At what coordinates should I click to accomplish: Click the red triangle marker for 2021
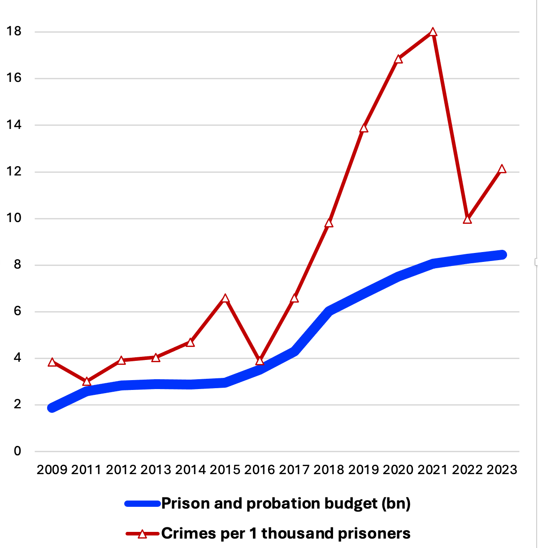pos(433,32)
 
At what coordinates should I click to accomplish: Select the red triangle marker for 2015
pos(225,299)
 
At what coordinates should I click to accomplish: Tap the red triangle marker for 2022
pos(467,219)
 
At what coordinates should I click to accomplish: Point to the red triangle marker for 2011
pos(87,381)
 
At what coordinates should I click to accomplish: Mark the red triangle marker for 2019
pos(364,128)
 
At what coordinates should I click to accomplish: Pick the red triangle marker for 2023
pos(502,169)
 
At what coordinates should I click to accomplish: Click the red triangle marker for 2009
pos(52,362)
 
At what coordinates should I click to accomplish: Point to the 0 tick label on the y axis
pos(17,451)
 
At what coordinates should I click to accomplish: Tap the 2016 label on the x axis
pos(260,470)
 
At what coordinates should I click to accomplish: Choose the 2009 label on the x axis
pos(52,470)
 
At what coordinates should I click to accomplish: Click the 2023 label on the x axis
pos(502,470)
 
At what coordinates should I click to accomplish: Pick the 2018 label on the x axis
pos(329,470)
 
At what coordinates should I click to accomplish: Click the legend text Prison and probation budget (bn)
pos(286,504)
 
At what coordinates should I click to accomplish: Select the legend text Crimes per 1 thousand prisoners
pos(286,534)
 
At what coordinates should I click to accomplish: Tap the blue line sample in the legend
pos(143,504)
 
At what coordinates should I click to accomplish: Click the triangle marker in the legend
pos(143,534)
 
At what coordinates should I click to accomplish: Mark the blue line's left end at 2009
pos(52,407)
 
